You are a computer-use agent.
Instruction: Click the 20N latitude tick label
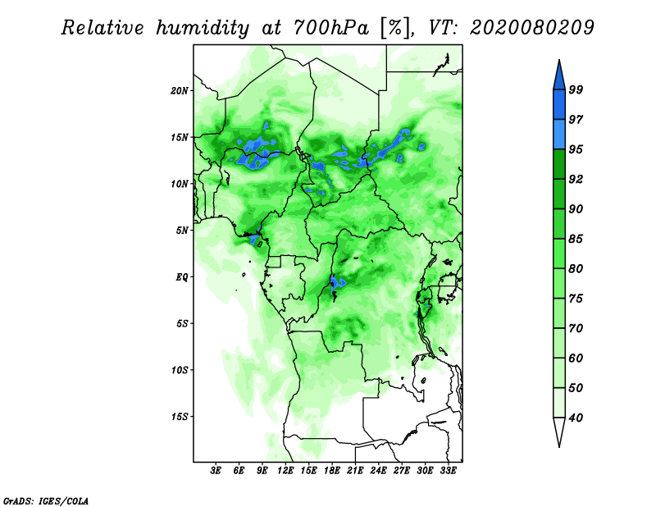click(180, 90)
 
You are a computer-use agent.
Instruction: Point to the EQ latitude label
click(181, 276)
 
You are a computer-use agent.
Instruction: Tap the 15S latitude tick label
click(180, 417)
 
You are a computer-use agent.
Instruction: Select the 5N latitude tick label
click(182, 231)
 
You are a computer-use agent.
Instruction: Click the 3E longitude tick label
click(216, 470)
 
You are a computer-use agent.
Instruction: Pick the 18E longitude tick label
click(332, 470)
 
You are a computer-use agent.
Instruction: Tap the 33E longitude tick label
click(448, 470)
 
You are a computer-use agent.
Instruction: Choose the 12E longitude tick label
click(285, 470)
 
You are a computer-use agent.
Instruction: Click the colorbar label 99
click(576, 89)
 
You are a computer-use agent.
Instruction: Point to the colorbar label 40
click(576, 418)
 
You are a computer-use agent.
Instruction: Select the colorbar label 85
click(576, 239)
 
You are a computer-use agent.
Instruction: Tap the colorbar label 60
click(576, 358)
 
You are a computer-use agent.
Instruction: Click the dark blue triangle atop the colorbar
click(559, 77)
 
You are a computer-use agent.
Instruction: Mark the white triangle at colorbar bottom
click(559, 429)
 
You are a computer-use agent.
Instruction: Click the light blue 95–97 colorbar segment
click(559, 135)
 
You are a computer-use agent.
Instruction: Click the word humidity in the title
click(203, 28)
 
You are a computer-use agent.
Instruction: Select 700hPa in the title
click(331, 28)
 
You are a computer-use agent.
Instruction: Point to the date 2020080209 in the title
click(531, 28)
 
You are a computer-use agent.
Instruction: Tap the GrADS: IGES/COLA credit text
click(46, 500)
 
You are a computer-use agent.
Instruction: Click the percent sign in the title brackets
click(395, 28)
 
